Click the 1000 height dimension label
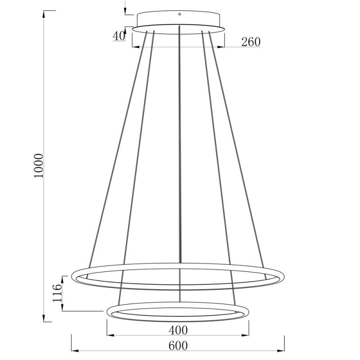click(40, 165)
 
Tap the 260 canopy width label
click(251, 42)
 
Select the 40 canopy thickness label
click(119, 36)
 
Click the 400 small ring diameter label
click(178, 330)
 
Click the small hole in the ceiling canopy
click(180, 14)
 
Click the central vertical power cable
click(180, 157)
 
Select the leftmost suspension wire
click(117, 148)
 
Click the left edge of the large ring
click(73, 275)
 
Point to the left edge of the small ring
click(108, 311)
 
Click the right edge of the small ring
click(249, 311)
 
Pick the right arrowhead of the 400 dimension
click(246, 335)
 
